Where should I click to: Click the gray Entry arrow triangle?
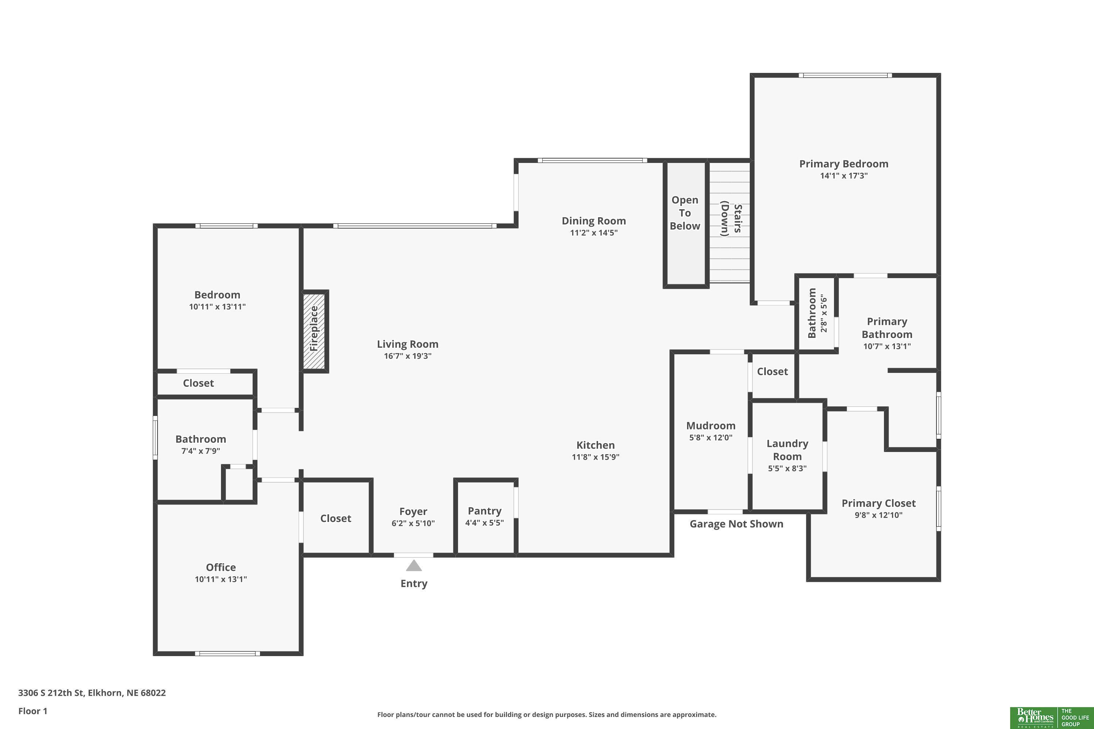pyautogui.click(x=414, y=565)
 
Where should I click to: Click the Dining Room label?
pyautogui.click(x=594, y=221)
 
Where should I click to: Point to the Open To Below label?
pyautogui.click(x=685, y=213)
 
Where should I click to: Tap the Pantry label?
pyautogui.click(x=485, y=511)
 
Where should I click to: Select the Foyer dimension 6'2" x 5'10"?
pyautogui.click(x=413, y=523)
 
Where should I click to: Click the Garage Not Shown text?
pyautogui.click(x=736, y=524)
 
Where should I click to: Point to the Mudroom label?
pyautogui.click(x=711, y=426)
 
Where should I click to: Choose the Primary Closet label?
pyautogui.click(x=878, y=503)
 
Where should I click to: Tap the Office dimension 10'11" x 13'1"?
pyautogui.click(x=221, y=579)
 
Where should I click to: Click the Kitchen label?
pyautogui.click(x=596, y=445)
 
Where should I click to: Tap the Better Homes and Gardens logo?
pyautogui.click(x=1052, y=718)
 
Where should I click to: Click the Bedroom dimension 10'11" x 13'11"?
pyautogui.click(x=217, y=307)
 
